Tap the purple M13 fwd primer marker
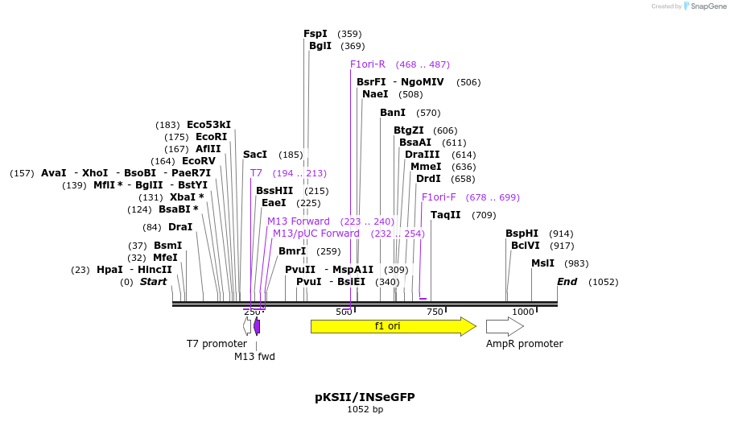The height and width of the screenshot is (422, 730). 257,326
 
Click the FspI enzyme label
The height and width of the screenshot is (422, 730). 316,34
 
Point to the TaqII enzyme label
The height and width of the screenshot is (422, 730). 445,215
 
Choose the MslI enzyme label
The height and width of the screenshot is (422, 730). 542,263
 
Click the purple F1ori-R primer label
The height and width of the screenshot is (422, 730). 368,64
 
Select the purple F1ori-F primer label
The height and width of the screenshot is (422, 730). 439,197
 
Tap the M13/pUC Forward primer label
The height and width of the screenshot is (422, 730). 316,234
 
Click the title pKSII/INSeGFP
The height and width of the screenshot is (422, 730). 365,397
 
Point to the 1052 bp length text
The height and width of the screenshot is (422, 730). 365,410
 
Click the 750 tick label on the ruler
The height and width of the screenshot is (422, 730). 435,312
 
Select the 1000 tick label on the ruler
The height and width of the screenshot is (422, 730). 523,312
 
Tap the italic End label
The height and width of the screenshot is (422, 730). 567,282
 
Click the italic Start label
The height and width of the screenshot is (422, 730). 153,282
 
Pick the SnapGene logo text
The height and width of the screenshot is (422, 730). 707,6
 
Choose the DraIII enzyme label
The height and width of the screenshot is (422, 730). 423,155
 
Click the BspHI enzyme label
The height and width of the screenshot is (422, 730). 522,234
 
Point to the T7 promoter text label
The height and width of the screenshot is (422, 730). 217,344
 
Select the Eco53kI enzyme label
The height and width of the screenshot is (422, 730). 208,125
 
